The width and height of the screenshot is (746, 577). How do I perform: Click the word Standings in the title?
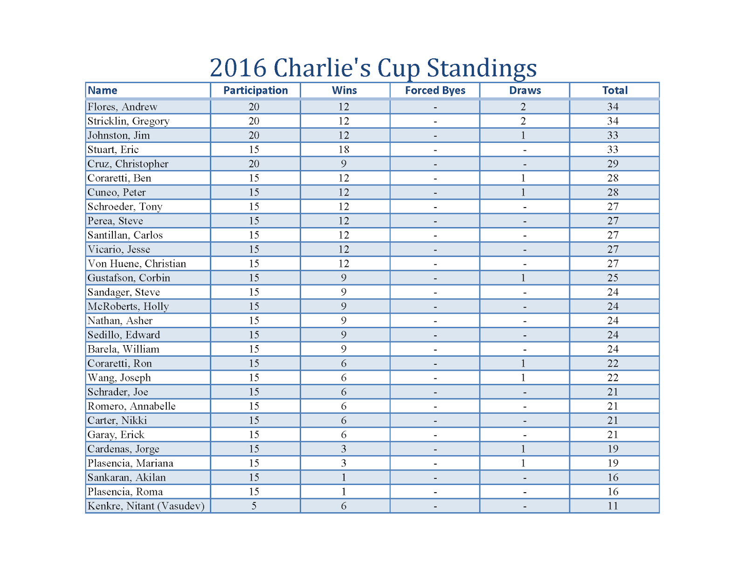pos(482,68)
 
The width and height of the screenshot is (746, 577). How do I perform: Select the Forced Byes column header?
pos(435,90)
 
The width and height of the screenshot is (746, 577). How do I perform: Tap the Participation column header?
pos(256,90)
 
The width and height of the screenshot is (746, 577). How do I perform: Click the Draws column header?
pos(525,90)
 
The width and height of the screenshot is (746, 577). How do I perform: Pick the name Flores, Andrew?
pos(123,107)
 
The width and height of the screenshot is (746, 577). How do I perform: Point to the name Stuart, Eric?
pos(113,150)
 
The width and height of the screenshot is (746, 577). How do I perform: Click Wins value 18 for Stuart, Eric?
pos(344,150)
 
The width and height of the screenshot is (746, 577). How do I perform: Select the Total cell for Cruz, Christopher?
pos(613,164)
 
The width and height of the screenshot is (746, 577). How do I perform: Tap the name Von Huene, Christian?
pos(137,264)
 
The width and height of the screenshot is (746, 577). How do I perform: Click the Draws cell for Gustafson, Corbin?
pos(523,278)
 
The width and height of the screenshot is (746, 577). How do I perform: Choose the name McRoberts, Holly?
pos(128,306)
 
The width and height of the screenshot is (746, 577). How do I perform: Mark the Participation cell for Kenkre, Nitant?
pos(254,506)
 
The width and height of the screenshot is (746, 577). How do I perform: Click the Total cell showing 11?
pos(613,506)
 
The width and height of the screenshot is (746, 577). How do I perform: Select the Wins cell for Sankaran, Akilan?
pos(344,478)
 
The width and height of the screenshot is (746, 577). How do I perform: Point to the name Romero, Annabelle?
pos(131,406)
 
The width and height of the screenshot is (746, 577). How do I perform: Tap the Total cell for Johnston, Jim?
pos(613,135)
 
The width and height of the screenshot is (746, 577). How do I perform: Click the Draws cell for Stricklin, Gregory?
pos(523,121)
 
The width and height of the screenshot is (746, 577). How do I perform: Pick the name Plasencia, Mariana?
pos(131,463)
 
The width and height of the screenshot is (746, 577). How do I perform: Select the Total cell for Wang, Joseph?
pos(613,378)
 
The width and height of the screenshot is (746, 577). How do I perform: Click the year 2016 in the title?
pos(238,68)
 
